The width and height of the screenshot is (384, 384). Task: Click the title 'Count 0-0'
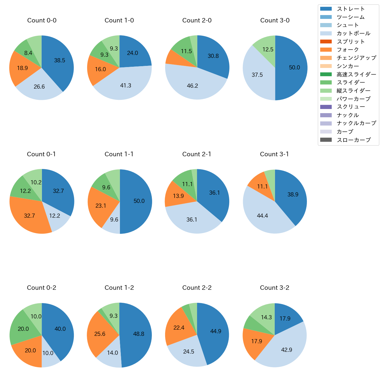(42, 20)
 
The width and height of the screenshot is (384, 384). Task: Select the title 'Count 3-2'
(274, 288)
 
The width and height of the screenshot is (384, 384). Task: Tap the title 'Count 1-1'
(119, 154)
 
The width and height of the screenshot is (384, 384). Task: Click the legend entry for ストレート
(351, 9)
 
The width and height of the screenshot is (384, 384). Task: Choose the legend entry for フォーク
(348, 50)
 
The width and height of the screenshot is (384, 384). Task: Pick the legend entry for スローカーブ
(354, 140)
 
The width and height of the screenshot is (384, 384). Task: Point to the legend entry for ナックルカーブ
(356, 123)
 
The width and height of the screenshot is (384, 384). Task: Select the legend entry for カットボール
(353, 33)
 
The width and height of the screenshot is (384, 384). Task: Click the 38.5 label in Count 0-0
(60, 61)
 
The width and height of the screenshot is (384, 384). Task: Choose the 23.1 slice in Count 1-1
(100, 205)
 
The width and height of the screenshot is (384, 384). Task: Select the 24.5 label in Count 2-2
(189, 352)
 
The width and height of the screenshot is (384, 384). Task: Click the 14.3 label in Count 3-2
(266, 318)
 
